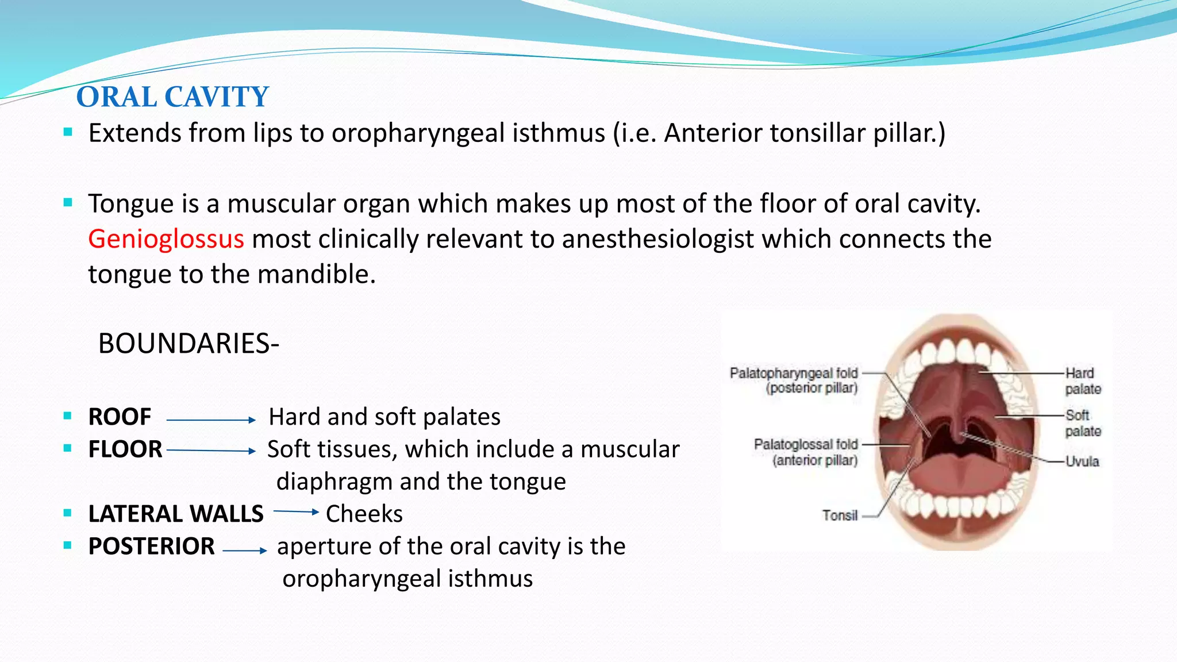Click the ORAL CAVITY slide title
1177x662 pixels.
coord(172,97)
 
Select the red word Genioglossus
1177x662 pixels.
coord(166,238)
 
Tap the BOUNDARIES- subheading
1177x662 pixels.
coord(189,344)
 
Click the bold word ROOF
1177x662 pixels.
coord(120,417)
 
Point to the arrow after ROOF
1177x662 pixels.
coord(211,420)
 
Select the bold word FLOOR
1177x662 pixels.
coord(125,449)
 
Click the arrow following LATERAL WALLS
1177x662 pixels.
coord(296,511)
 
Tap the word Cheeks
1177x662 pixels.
coord(364,514)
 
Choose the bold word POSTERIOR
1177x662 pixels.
coord(152,546)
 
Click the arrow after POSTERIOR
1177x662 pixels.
coord(245,551)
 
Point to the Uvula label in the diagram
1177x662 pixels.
coord(1082,461)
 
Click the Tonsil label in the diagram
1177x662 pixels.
coord(840,515)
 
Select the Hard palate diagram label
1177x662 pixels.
coord(1083,381)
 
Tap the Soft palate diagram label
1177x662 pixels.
coord(1083,423)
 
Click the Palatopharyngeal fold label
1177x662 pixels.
coord(794,380)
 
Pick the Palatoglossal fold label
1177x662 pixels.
coord(806,452)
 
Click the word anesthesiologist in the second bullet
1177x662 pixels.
coord(657,238)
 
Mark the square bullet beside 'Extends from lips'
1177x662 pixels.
coord(68,132)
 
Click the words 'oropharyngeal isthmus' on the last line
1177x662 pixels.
coord(407,578)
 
